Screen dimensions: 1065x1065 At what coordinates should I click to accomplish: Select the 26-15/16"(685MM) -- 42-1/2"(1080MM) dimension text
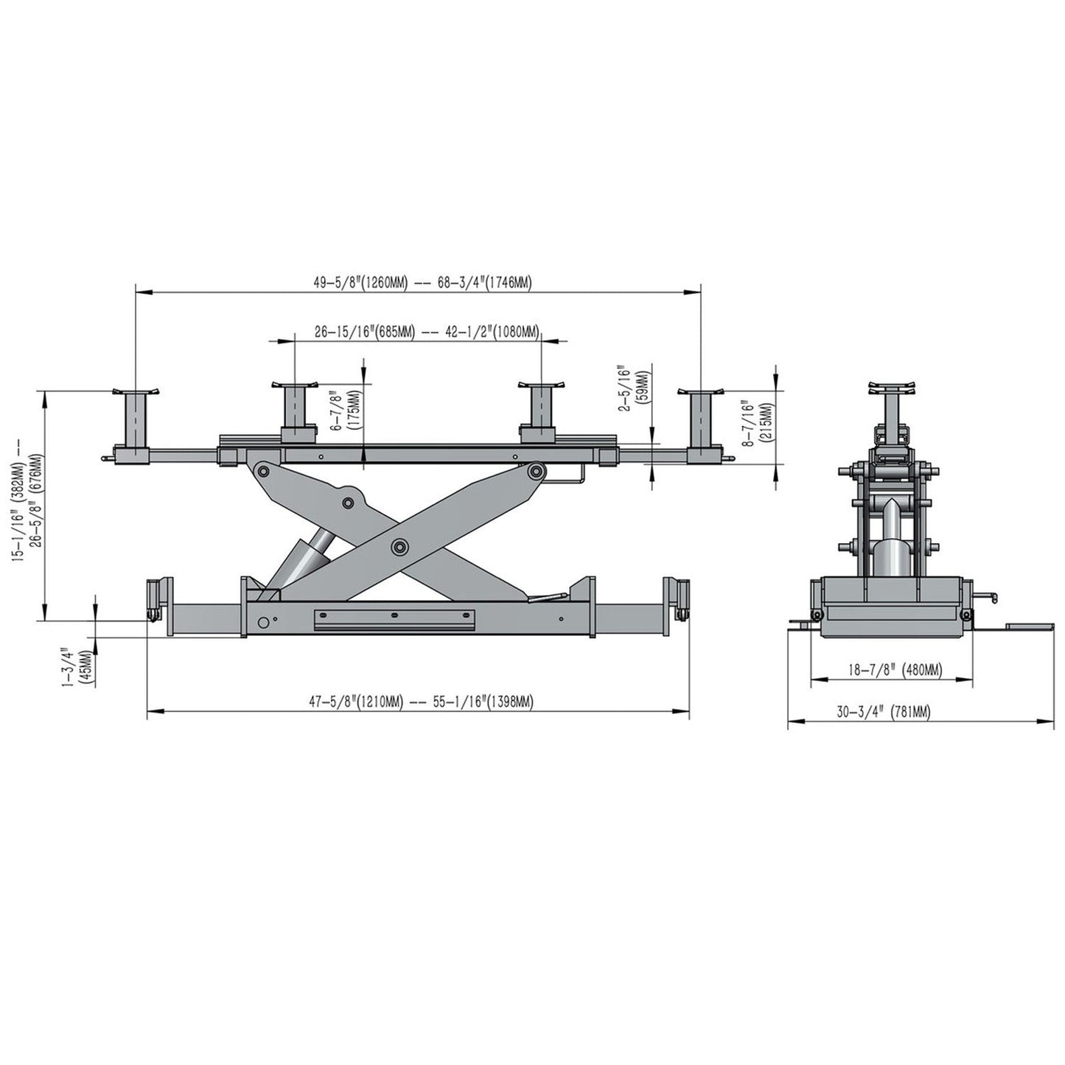point(426,332)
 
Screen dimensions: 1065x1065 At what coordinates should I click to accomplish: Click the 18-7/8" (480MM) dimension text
point(894,670)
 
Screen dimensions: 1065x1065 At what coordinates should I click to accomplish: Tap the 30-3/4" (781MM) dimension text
point(883,712)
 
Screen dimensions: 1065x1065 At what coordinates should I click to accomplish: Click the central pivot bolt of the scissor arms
point(400,546)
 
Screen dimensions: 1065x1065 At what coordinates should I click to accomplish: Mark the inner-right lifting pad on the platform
point(542,405)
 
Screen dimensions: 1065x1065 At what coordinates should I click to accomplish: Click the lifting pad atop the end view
point(893,388)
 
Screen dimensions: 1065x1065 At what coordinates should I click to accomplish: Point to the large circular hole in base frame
point(262,622)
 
